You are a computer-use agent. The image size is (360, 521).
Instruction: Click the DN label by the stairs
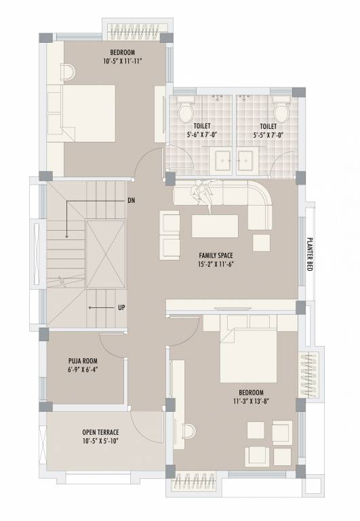pos(131,201)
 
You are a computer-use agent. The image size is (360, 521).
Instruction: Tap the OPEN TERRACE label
pos(100,431)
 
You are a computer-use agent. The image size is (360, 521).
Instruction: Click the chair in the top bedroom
pos(68,71)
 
